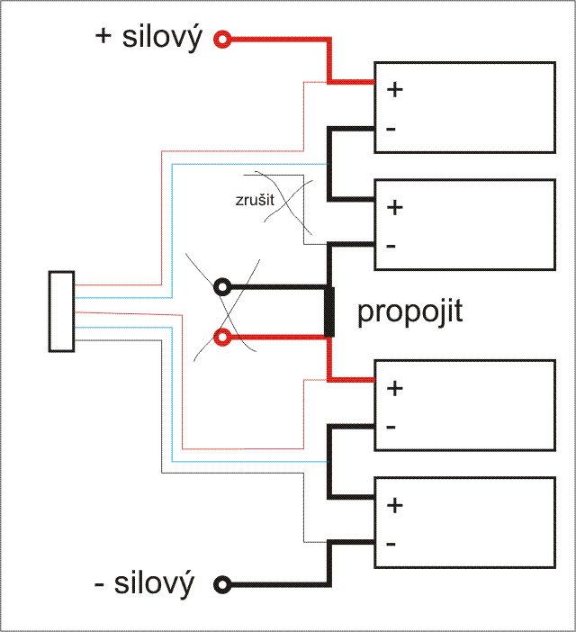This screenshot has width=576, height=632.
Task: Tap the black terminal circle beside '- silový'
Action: pos(221,584)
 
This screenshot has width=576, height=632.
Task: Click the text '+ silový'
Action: pos(149,38)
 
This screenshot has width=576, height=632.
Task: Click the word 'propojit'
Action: pos(409,312)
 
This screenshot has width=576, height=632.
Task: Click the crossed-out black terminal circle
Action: pos(221,288)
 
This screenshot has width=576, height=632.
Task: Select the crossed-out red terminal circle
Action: pos(221,338)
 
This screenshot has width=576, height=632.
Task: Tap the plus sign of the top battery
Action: pos(394,89)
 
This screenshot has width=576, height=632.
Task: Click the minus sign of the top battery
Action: pos(391,129)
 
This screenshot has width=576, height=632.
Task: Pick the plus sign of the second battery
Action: pos(394,206)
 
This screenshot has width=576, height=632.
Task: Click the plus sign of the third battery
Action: pos(394,388)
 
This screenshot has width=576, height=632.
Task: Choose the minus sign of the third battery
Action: pos(391,426)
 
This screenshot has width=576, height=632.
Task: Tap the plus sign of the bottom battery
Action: pos(394,505)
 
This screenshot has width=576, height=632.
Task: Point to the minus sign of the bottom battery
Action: pos(391,545)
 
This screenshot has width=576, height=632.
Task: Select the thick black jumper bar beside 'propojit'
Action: pos(330,311)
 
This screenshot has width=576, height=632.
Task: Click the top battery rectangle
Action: pos(463,107)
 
